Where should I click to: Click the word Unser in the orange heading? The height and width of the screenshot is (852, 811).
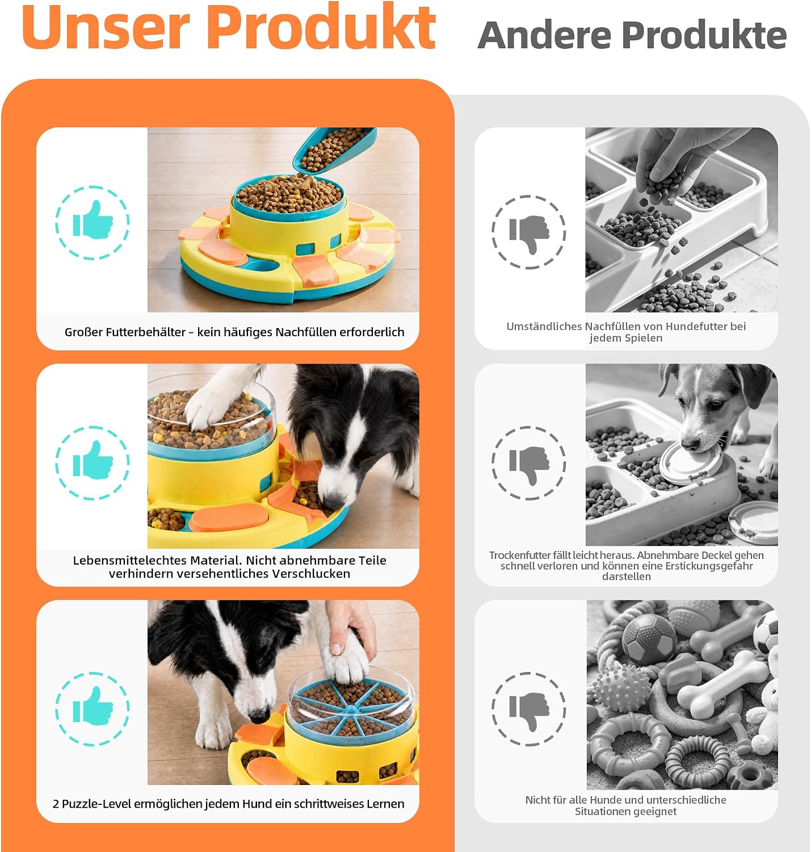(106, 27)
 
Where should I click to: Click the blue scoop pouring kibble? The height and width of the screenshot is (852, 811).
(333, 149)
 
